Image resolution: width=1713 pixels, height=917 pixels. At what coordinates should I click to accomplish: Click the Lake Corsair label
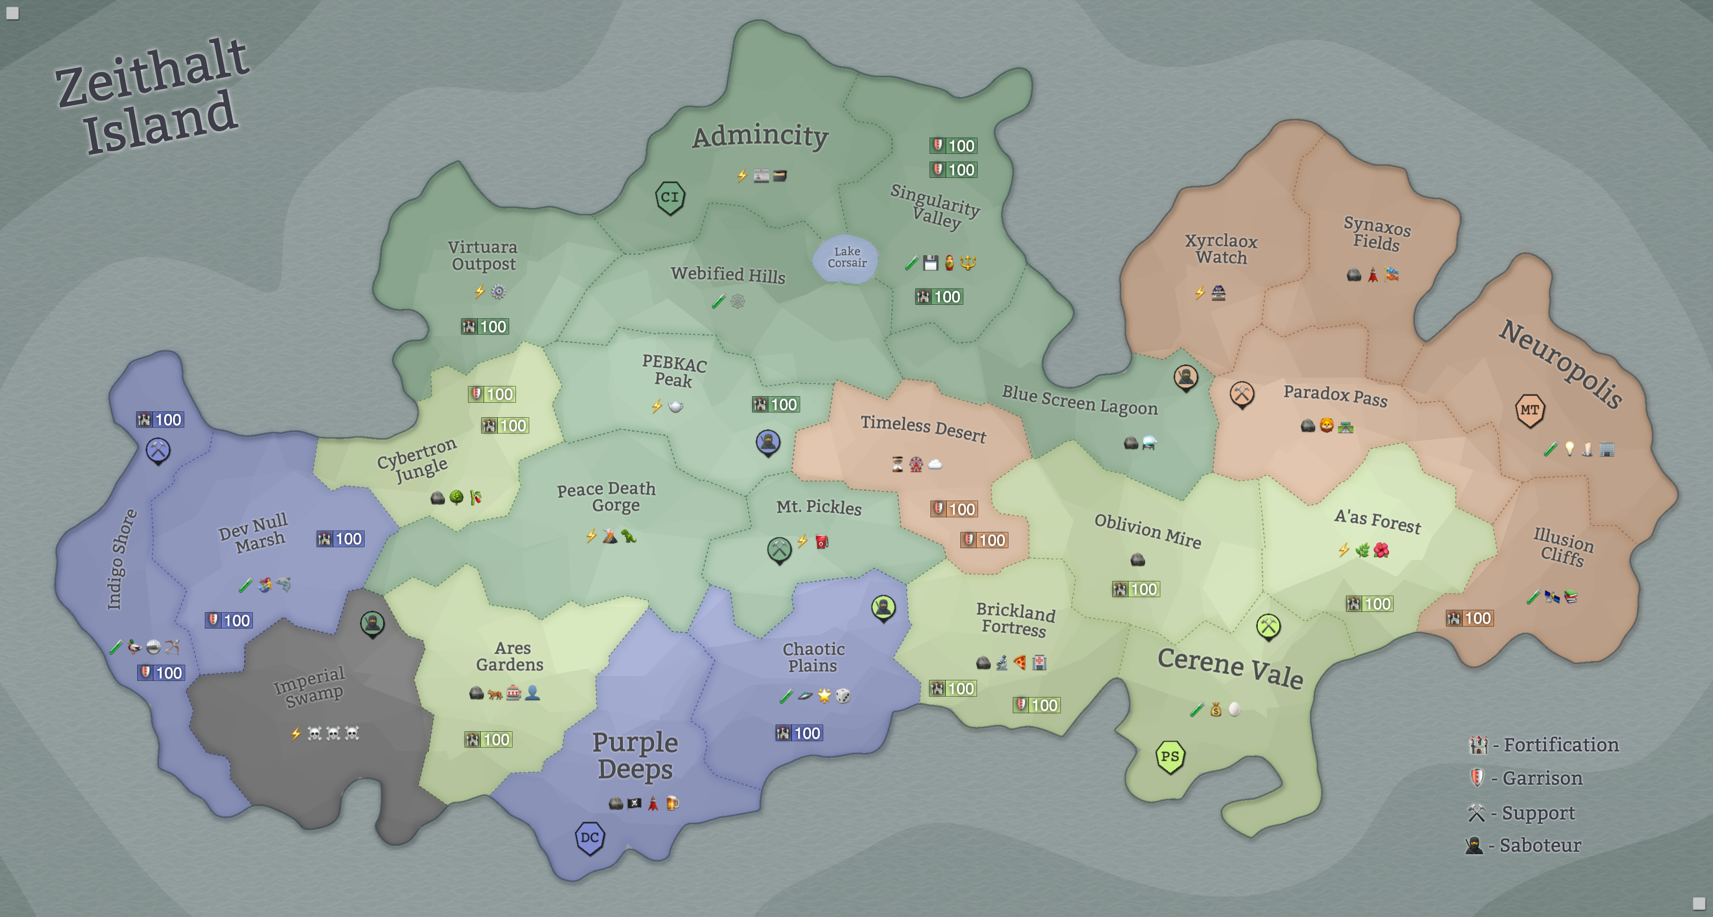pyautogui.click(x=847, y=257)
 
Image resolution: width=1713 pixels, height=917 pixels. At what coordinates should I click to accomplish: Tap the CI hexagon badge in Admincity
pyautogui.click(x=670, y=197)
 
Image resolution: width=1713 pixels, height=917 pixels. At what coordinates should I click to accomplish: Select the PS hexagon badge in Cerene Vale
pyautogui.click(x=1170, y=757)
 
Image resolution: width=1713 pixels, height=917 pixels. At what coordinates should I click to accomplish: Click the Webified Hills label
pyautogui.click(x=728, y=275)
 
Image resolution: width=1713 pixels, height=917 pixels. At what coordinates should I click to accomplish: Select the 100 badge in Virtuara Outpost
pyautogui.click(x=485, y=327)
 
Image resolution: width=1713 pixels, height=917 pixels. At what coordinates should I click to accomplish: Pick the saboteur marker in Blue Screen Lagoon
pyautogui.click(x=1185, y=377)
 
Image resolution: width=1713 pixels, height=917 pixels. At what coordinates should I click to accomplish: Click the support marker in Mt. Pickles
pyautogui.click(x=779, y=549)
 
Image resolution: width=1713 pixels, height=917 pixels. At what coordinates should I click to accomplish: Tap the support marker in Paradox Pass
pyautogui.click(x=1241, y=394)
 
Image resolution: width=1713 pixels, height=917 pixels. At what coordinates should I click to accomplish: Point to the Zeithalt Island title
pyautogui.click(x=153, y=97)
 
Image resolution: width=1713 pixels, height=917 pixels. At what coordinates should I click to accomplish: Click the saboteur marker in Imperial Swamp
pyautogui.click(x=372, y=623)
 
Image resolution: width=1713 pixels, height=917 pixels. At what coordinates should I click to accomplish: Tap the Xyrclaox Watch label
pyautogui.click(x=1221, y=249)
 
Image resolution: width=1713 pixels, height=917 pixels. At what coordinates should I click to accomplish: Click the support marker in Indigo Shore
pyautogui.click(x=158, y=450)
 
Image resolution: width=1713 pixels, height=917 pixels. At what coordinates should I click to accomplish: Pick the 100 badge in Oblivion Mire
pyautogui.click(x=1136, y=589)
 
